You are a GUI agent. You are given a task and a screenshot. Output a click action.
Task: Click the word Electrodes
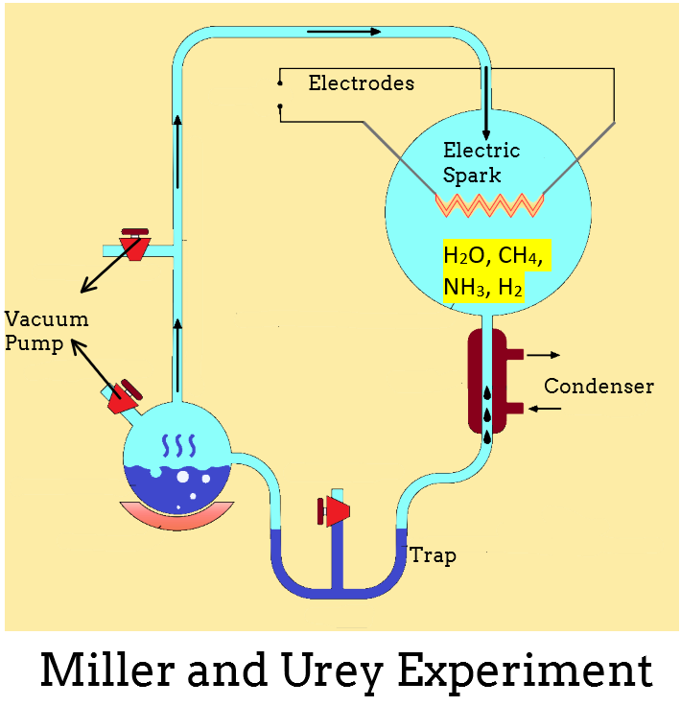click(x=361, y=83)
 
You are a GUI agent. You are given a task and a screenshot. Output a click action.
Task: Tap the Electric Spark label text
click(x=481, y=163)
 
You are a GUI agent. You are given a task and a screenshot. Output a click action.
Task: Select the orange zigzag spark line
click(x=490, y=204)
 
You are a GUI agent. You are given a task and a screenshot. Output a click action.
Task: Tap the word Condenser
click(x=599, y=387)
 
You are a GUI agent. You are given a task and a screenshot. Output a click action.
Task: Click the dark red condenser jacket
click(x=477, y=381)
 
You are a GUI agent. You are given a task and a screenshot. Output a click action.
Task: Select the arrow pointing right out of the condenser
click(x=543, y=354)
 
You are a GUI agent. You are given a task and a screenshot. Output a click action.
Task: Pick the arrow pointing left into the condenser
click(x=543, y=410)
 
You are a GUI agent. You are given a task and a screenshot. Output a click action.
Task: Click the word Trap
click(x=433, y=555)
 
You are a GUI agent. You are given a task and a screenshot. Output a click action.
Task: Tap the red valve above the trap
click(x=333, y=512)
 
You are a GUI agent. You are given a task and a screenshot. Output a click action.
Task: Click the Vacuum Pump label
click(x=46, y=331)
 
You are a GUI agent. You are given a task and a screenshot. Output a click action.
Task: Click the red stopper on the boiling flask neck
click(x=124, y=396)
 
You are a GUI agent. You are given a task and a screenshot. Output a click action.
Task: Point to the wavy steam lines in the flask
click(x=178, y=444)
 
